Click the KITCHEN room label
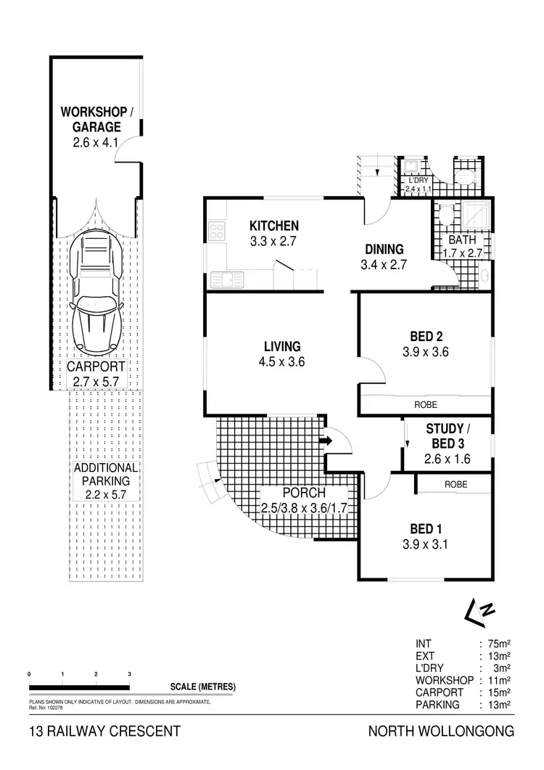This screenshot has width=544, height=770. [274, 225]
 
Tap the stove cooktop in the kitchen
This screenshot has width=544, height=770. [216, 232]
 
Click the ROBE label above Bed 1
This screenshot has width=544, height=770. [456, 484]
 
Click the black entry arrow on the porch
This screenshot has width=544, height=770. [325, 439]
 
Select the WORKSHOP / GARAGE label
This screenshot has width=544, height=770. [96, 119]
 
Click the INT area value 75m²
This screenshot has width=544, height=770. [501, 643]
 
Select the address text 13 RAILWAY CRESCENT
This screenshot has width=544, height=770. [104, 732]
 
